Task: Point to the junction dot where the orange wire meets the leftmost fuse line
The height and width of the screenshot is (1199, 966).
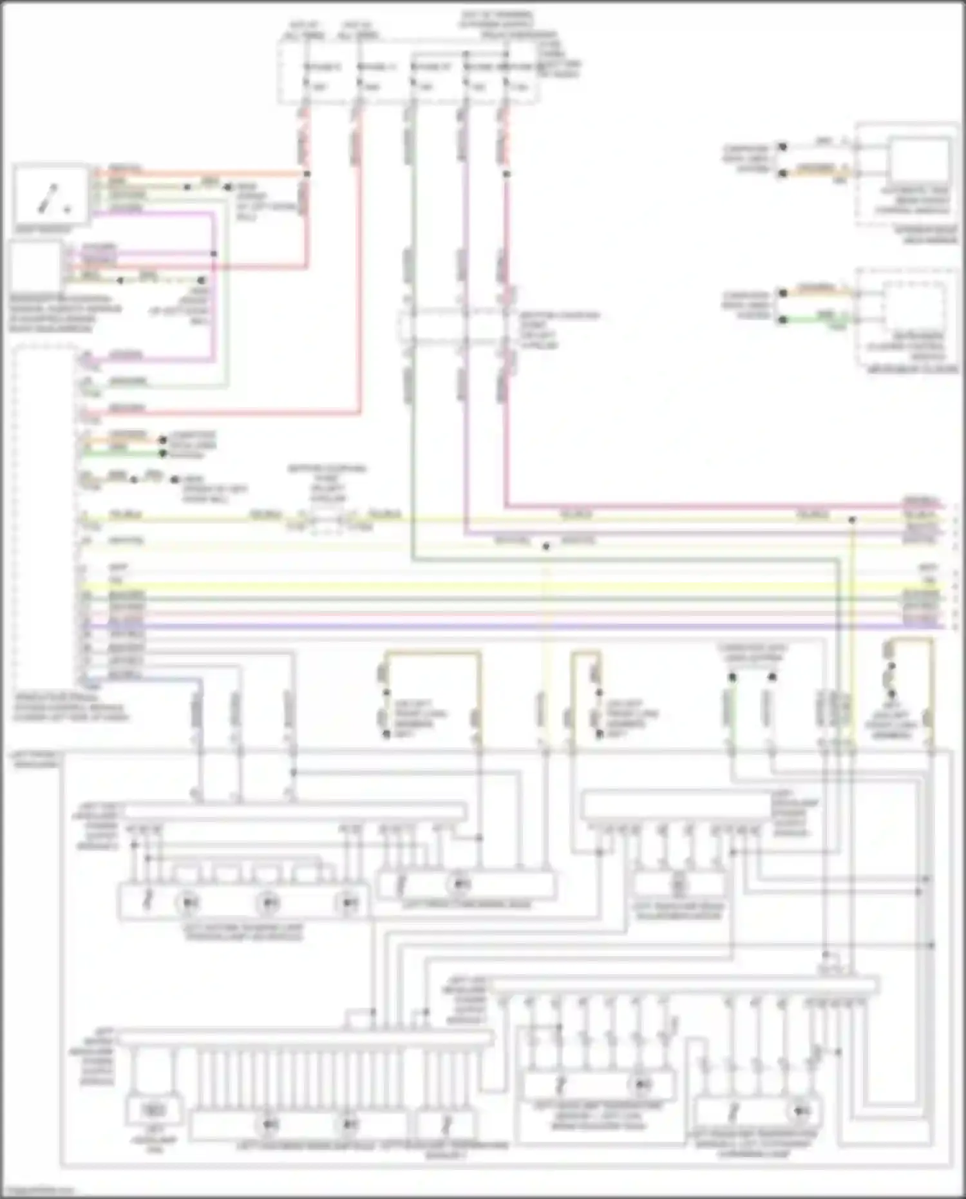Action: pos(307,174)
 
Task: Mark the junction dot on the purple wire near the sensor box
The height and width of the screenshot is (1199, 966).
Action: pos(214,254)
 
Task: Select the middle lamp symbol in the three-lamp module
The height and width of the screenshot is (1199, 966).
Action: pos(269,903)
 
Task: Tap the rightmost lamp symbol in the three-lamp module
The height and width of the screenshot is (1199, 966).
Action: pos(348,903)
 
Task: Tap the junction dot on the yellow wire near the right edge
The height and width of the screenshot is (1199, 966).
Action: pos(851,519)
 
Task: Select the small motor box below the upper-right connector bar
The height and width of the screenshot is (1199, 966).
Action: pos(679,885)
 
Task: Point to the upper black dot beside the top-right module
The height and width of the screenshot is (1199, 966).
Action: pos(782,147)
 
